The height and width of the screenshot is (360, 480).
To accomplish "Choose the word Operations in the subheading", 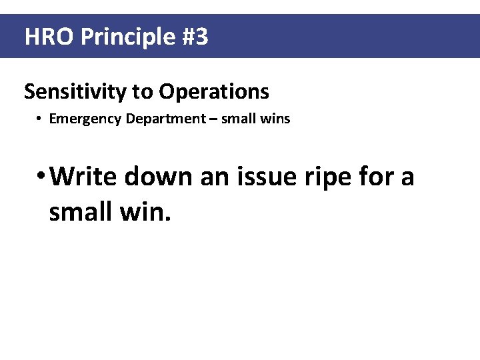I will [214, 92].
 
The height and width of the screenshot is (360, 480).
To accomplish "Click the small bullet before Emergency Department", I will [40, 119].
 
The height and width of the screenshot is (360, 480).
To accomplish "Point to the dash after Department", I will [213, 119].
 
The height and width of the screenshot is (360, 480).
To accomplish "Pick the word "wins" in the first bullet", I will [277, 119].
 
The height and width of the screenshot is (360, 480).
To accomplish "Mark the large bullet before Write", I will [41, 177].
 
